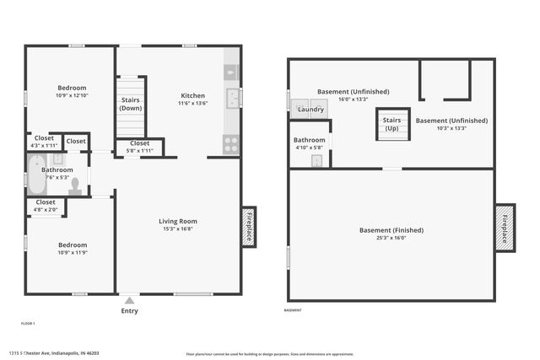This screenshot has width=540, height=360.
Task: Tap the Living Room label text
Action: click(x=177, y=221)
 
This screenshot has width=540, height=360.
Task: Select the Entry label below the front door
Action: click(x=129, y=310)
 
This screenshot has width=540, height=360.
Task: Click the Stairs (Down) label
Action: click(x=131, y=104)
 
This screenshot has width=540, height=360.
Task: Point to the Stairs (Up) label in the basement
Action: click(x=392, y=124)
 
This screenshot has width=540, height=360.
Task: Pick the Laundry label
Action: click(x=311, y=110)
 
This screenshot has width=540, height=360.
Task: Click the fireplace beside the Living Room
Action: click(x=249, y=227)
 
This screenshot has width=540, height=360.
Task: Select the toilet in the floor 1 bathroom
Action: click(x=75, y=185)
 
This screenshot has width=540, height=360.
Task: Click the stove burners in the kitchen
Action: click(x=230, y=143)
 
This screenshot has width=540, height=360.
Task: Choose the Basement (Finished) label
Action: click(x=391, y=230)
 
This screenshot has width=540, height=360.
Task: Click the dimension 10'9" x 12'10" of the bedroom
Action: click(x=72, y=95)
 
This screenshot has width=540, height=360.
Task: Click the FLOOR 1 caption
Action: click(x=28, y=323)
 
